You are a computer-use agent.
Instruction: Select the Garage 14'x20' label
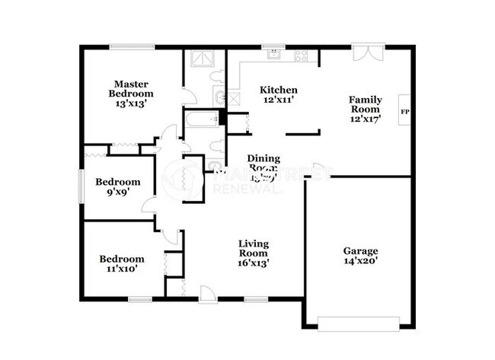coord(359,256)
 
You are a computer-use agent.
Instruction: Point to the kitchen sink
coord(272,56)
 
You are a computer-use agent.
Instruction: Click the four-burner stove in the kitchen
coord(301,56)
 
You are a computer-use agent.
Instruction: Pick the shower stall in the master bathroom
coord(199,59)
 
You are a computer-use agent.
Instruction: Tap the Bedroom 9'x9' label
coord(117,187)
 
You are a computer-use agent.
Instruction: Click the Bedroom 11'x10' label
coord(122,264)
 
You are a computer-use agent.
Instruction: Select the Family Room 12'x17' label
coord(365,109)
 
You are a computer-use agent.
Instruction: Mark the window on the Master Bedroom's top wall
coord(132,46)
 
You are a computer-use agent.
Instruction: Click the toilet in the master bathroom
coord(217,75)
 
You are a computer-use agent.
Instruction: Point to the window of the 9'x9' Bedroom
coord(81,186)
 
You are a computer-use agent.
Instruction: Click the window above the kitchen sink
coord(272,46)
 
